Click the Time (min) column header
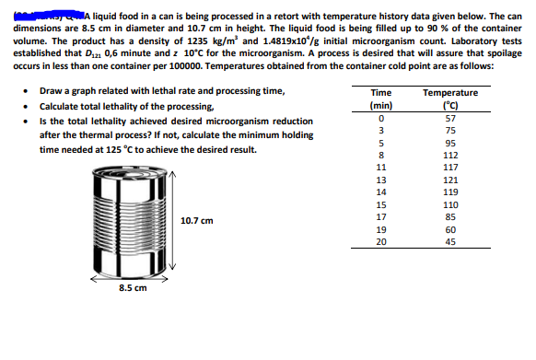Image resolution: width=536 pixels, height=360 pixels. point(379,99)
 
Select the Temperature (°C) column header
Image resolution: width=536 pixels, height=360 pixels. point(449,99)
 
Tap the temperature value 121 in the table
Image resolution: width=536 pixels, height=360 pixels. point(449,180)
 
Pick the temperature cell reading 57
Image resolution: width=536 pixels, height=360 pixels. point(449,119)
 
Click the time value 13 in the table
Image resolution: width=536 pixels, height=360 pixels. point(379,180)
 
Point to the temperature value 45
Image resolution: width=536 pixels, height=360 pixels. point(449,242)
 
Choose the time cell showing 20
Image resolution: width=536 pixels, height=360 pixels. point(379,242)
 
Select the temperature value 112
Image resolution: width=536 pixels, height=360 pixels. point(449,156)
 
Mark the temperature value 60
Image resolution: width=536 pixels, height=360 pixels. point(449,229)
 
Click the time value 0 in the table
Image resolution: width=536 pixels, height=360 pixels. point(379,119)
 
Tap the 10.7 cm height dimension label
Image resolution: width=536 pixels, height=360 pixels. point(197,221)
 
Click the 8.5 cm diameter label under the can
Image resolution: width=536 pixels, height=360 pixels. point(132,287)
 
